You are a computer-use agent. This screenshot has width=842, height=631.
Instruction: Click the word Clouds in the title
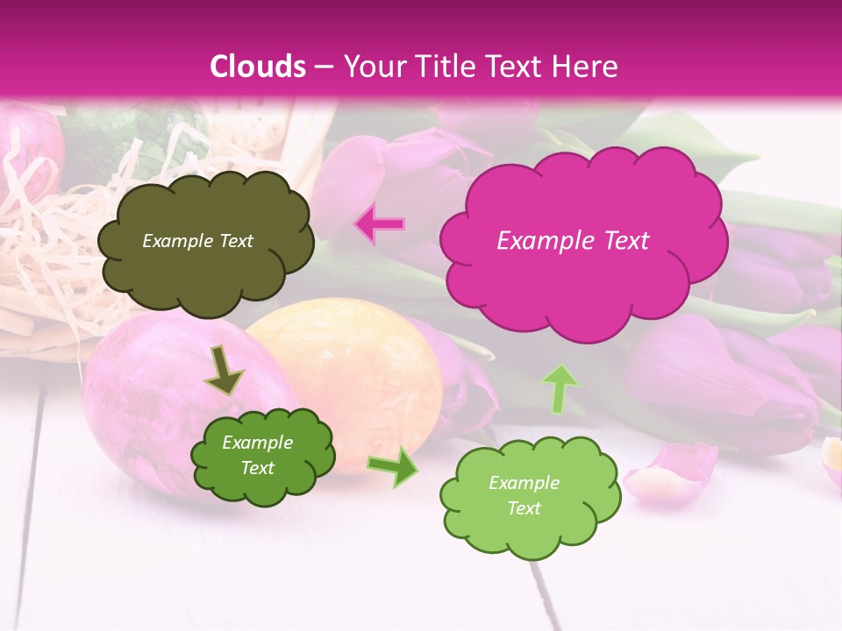(258, 67)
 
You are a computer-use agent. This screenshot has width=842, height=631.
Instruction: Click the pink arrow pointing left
(379, 224)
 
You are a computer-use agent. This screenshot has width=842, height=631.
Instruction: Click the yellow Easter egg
(351, 368)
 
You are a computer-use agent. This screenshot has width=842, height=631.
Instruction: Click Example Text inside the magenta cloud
(573, 241)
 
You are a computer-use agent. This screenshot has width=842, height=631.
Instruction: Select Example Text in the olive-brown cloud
(197, 241)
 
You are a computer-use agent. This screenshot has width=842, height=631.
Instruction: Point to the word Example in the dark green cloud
(258, 443)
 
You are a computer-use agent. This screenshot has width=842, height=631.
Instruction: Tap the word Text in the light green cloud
(524, 508)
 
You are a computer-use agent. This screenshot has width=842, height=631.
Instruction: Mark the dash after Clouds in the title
(323, 67)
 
